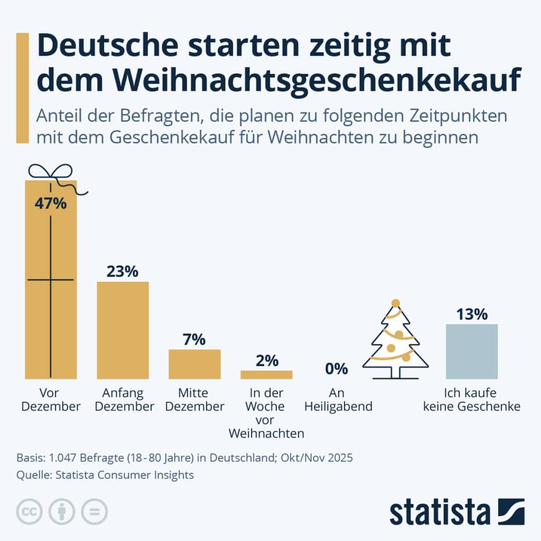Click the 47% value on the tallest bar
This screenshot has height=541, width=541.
(x=51, y=203)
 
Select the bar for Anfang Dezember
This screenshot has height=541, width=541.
(x=123, y=330)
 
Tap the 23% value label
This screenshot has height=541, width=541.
(x=122, y=272)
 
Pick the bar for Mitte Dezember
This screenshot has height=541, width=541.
(x=194, y=364)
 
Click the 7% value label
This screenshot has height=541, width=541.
(x=194, y=340)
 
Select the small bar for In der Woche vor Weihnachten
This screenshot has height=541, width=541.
(x=266, y=375)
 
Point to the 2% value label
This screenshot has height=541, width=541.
(x=266, y=361)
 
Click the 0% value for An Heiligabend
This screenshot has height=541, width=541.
(x=337, y=368)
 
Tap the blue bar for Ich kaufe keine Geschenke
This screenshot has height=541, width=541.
(x=472, y=351)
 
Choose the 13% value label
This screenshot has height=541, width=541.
(x=472, y=314)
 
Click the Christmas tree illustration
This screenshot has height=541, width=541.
(x=395, y=340)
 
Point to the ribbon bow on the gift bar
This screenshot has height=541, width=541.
(x=50, y=172)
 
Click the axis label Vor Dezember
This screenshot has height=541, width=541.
(x=52, y=400)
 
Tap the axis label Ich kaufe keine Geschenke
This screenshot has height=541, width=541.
(x=472, y=400)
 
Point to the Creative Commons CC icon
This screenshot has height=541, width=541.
(x=30, y=511)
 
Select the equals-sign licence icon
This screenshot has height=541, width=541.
(x=94, y=511)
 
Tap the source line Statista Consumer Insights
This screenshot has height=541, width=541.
(x=105, y=475)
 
